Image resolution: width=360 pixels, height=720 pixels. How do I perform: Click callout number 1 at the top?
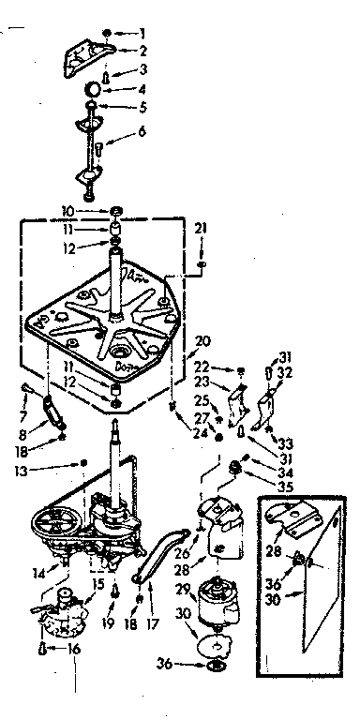coord(143,35)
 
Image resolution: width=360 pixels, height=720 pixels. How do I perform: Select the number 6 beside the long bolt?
coord(143,131)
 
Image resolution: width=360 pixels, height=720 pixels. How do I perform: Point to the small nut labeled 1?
coord(107,34)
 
